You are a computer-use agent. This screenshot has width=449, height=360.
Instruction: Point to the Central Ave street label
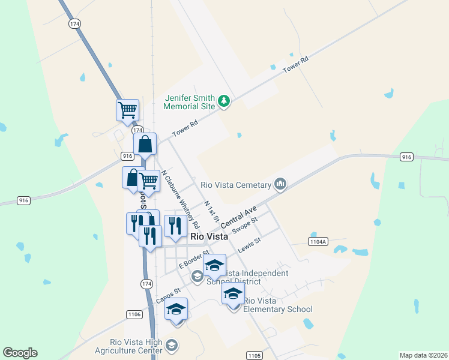pyautogui.click(x=238, y=216)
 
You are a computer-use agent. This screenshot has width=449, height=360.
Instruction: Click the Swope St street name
pyautogui.click(x=245, y=225)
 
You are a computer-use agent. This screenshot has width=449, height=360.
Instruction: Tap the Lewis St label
pyautogui.click(x=249, y=245)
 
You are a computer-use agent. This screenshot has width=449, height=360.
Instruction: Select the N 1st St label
pyautogui.click(x=211, y=211)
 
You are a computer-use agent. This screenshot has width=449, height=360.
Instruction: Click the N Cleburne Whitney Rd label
pyautogui.click(x=180, y=200)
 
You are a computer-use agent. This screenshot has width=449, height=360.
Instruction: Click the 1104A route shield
pyautogui.click(x=318, y=241)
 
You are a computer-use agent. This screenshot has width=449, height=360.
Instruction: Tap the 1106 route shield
pyautogui.click(x=134, y=314)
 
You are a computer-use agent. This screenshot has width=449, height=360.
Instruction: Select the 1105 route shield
pyautogui.click(x=255, y=356)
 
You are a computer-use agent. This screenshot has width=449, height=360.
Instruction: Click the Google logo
pyautogui.click(x=20, y=353)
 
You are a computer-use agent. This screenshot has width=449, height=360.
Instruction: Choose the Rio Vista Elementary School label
pyautogui.click(x=278, y=305)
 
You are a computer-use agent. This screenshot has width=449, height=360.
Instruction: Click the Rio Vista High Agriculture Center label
pyautogui.click(x=128, y=346)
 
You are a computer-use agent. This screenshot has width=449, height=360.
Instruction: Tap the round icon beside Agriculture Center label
pyautogui.click(x=172, y=345)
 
